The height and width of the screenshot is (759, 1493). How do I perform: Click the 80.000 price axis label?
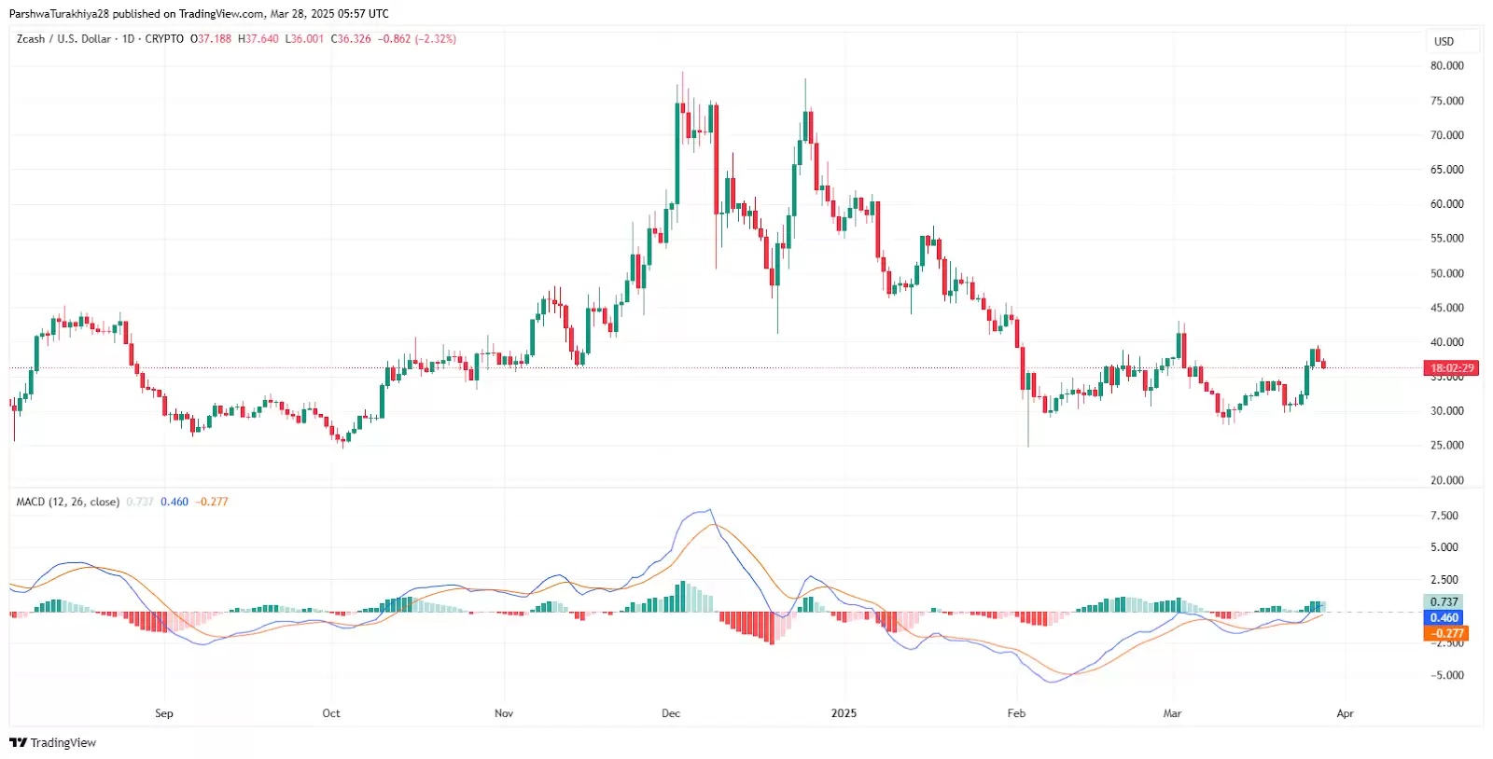click(x=1446, y=66)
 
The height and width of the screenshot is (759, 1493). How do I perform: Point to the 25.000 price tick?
click(x=1446, y=446)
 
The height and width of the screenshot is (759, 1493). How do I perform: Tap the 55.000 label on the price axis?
click(x=1446, y=239)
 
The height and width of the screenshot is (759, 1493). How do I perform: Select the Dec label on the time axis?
click(x=670, y=713)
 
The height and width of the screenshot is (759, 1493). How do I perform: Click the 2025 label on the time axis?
click(x=844, y=713)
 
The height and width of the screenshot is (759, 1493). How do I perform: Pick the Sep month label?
click(x=164, y=713)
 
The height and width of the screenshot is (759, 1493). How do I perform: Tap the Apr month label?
click(x=1345, y=713)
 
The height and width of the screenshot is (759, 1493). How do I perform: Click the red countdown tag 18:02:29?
click(x=1452, y=368)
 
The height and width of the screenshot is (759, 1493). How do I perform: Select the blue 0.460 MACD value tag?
click(x=1444, y=617)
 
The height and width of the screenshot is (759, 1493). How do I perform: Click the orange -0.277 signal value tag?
click(x=1444, y=633)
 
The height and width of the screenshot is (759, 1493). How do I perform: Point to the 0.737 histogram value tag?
click(x=1444, y=602)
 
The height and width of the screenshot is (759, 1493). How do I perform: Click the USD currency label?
click(x=1444, y=41)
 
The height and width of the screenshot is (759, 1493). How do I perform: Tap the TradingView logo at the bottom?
click(x=53, y=742)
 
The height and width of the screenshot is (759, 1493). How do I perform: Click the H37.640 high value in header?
click(x=258, y=39)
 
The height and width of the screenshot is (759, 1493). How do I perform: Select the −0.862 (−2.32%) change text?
click(x=417, y=39)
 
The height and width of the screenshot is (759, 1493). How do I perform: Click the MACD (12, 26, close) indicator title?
click(x=68, y=502)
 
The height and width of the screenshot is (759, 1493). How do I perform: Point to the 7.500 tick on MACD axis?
click(x=1444, y=516)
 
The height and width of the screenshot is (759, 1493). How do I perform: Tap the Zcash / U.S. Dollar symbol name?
click(x=63, y=39)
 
